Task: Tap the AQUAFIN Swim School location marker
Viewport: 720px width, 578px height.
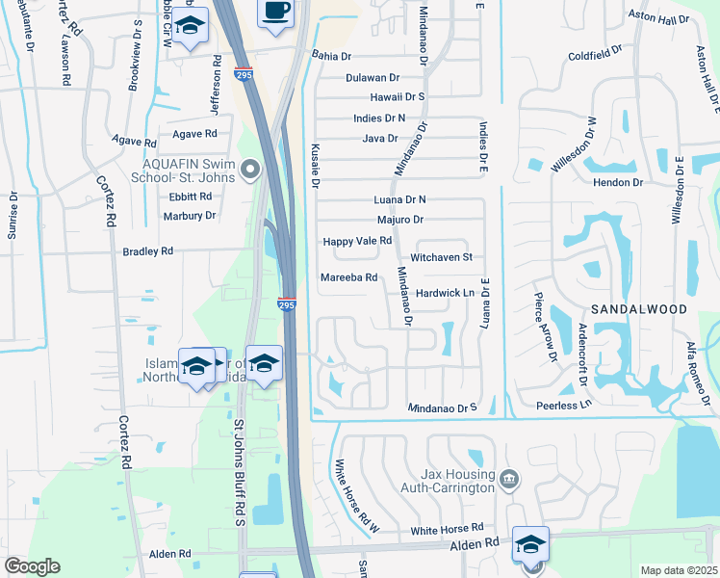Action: point(251,171)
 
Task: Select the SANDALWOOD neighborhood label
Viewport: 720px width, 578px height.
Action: point(639,309)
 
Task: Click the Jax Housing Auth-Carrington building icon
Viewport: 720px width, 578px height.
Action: point(510,476)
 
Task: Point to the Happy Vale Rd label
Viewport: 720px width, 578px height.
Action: point(357,241)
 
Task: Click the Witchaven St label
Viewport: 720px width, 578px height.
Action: point(442,257)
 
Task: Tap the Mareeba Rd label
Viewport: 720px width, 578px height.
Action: point(342,278)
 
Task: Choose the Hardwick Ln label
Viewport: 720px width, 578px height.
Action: point(448,293)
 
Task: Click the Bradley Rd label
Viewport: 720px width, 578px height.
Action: point(147,251)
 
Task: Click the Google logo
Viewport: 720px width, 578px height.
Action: point(32,565)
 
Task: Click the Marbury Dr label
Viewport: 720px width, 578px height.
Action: point(190,216)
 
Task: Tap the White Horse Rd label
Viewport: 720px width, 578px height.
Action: point(447,530)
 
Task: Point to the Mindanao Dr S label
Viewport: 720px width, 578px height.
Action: point(443,408)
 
